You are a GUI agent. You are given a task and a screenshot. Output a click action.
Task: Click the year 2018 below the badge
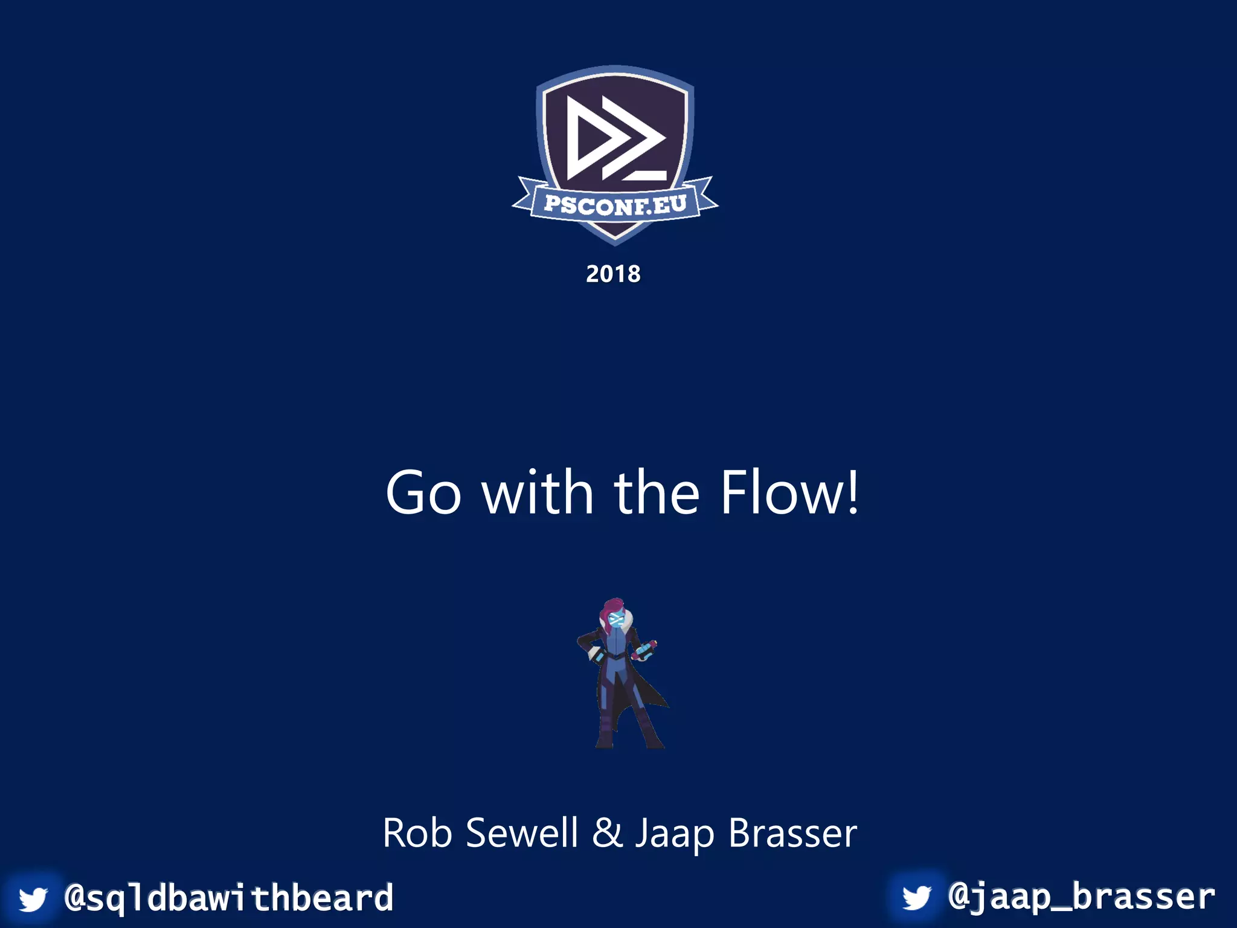coord(613,274)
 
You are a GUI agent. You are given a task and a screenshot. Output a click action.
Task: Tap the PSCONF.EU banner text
coord(615,205)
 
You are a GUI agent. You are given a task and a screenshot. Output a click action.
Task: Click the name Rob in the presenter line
coord(417,833)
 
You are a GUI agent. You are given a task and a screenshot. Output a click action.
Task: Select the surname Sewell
coord(522,833)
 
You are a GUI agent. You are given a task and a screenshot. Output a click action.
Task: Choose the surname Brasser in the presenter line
coord(792,833)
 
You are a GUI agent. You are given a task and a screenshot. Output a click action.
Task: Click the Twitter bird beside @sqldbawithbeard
coord(33,899)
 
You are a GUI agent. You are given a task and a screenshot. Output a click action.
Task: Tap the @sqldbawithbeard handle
coord(229,898)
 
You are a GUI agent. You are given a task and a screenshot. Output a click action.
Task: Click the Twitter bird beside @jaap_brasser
coord(917,897)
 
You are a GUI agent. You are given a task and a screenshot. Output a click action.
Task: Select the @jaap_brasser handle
coord(1081,897)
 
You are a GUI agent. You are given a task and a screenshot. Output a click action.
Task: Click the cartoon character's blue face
coord(615,620)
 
